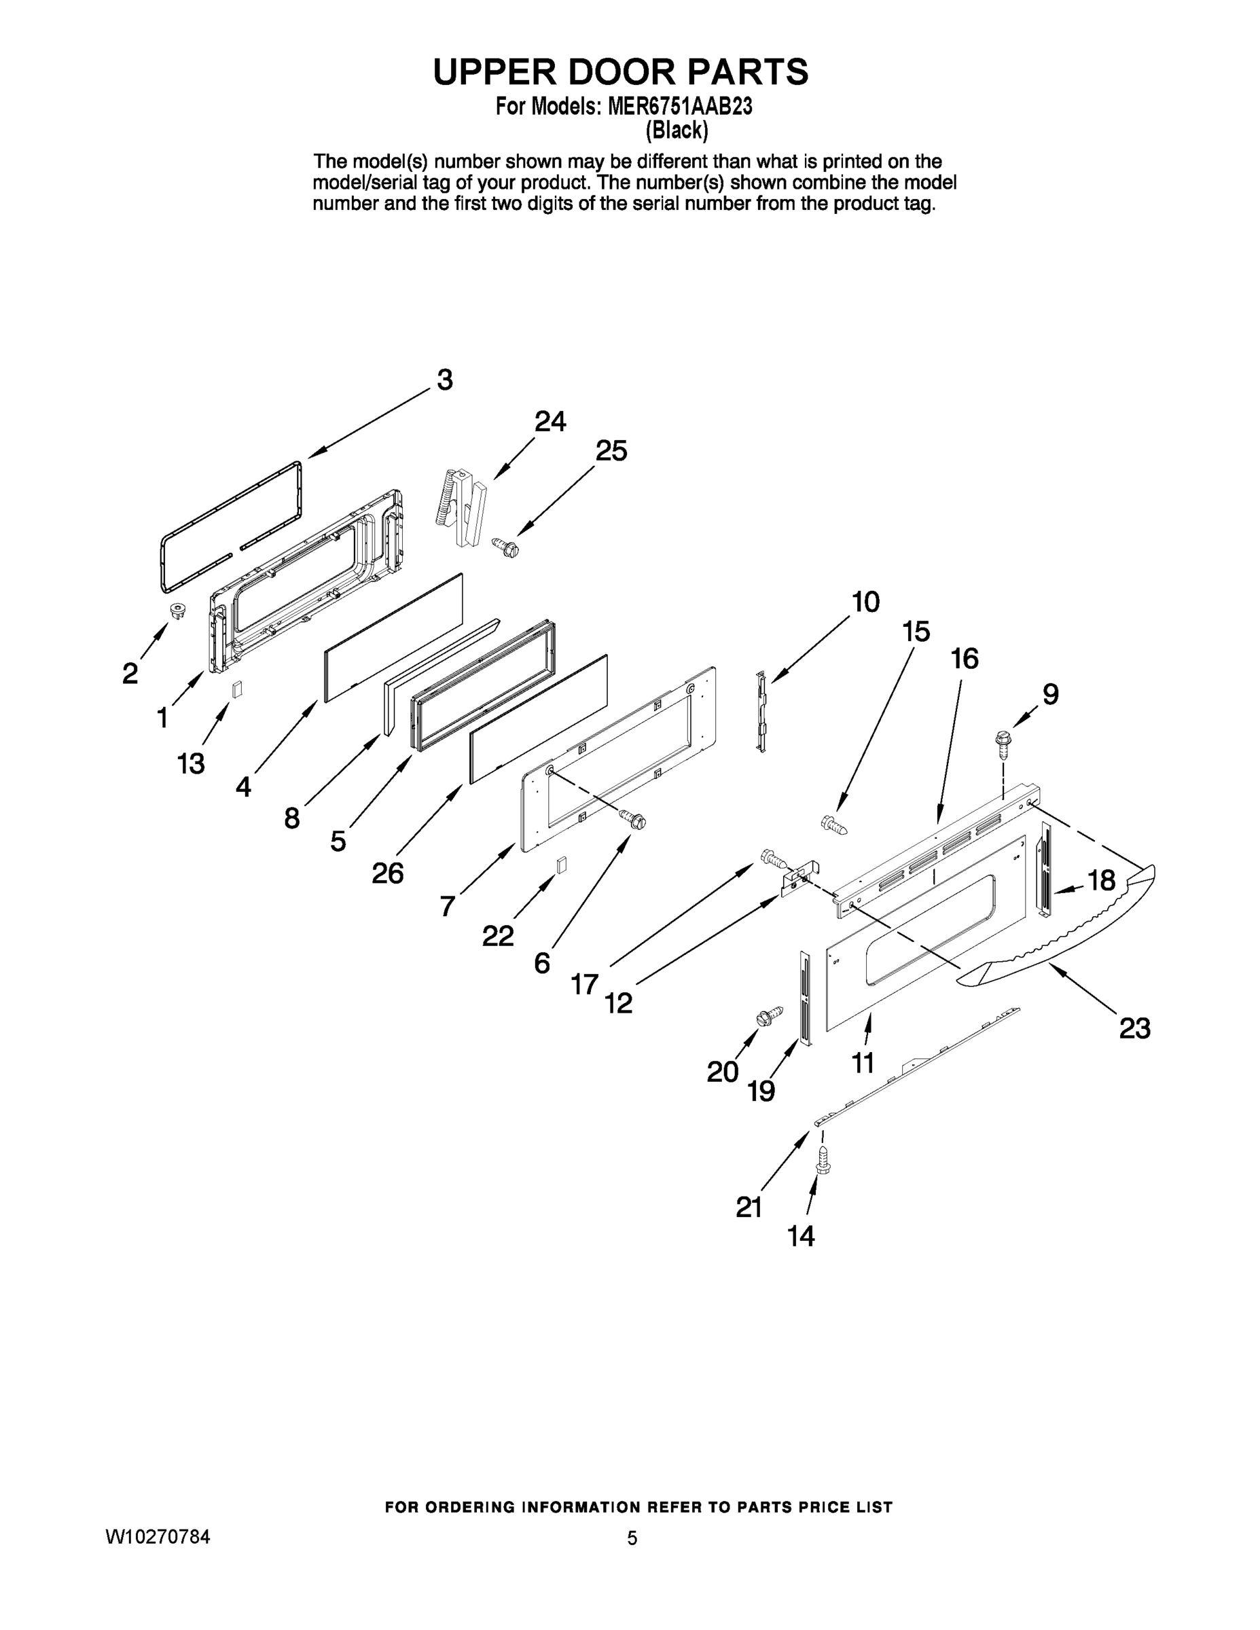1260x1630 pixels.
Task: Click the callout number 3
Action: tap(444, 380)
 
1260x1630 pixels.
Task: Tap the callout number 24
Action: tap(550, 422)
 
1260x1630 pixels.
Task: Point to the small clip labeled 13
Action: tap(236, 689)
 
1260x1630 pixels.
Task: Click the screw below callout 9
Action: tap(1002, 741)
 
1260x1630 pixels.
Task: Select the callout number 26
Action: tap(387, 873)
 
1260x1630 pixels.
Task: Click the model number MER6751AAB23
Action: tap(679, 107)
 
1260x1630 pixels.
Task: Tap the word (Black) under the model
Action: tap(677, 130)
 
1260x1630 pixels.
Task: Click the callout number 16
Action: tap(965, 658)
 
